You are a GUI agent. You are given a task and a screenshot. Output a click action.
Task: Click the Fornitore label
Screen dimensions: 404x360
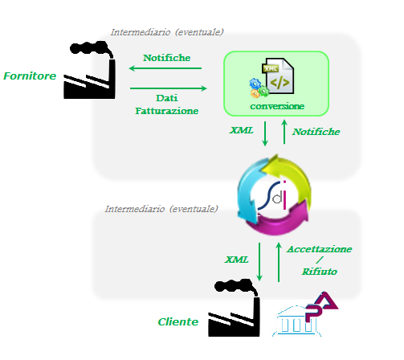(x=30, y=76)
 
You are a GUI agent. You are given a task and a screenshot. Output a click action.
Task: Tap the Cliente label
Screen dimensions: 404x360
(x=178, y=321)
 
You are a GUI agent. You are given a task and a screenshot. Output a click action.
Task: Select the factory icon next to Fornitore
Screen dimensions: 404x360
(x=90, y=70)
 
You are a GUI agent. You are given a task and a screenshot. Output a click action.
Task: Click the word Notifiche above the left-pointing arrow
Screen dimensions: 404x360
(x=166, y=58)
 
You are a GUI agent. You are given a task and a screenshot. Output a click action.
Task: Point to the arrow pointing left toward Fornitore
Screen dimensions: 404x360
(x=165, y=68)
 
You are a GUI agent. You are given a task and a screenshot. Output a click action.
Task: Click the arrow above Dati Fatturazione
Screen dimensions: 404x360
(x=169, y=88)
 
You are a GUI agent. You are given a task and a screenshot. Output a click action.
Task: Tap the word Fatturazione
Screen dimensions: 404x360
(x=167, y=111)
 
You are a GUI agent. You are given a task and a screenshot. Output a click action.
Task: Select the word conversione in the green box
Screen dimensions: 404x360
(x=277, y=106)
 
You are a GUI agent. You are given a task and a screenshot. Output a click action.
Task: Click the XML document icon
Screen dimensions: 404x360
(x=278, y=76)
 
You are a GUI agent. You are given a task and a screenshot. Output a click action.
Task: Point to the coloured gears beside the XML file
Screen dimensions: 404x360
(x=259, y=88)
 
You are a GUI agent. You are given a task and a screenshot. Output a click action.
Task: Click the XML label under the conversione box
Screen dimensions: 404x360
(x=241, y=130)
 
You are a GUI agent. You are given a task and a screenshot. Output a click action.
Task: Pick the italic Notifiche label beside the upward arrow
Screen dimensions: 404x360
(x=316, y=132)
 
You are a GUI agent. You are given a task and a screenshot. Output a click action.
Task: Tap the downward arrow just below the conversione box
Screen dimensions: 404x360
(x=265, y=133)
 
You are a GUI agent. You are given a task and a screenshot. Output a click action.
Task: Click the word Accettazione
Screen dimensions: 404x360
(x=320, y=249)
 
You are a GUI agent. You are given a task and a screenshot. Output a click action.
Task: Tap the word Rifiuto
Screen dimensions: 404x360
(x=320, y=272)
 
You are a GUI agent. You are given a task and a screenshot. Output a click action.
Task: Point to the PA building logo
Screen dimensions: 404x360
(x=305, y=314)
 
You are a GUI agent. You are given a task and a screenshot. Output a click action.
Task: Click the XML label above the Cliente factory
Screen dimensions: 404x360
(x=237, y=260)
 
